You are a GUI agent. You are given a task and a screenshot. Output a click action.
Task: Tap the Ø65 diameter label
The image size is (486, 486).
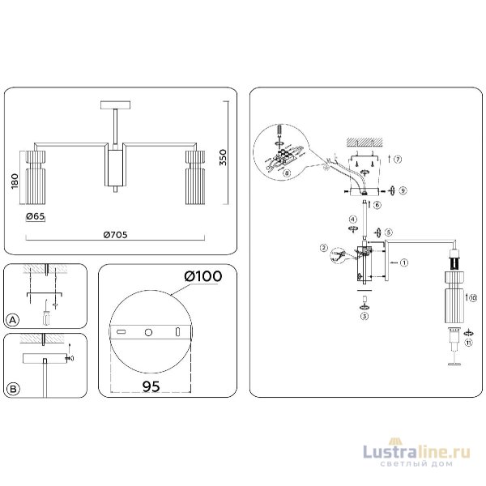[36, 216]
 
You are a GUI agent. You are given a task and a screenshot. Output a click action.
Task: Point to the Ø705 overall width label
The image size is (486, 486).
[114, 235]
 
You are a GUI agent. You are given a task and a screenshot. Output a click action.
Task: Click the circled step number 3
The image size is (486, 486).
[364, 316]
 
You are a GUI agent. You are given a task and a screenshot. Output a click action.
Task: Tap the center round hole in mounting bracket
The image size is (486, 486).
[149, 333]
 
